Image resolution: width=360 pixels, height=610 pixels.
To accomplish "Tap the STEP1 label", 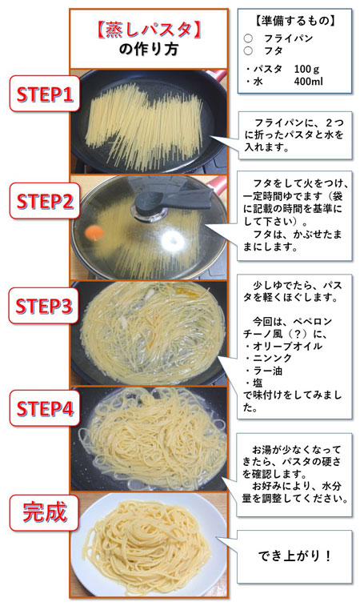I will (46, 95).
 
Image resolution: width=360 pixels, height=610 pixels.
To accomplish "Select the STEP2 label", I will (46, 200).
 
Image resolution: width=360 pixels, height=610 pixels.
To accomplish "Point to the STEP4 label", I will (46, 410).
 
